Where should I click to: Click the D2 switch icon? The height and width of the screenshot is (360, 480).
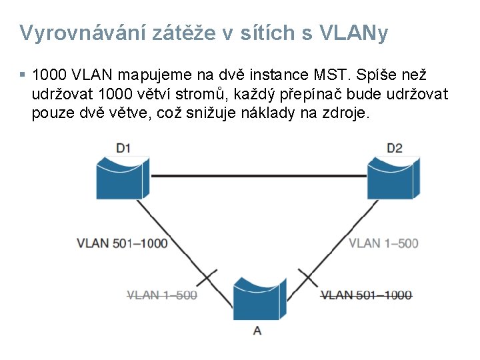394,176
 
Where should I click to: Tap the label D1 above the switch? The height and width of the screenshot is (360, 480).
123,147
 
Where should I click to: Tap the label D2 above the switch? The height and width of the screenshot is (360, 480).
394,147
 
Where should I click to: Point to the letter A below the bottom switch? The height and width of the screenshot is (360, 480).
257,331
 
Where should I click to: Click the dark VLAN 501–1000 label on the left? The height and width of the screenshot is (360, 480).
122,243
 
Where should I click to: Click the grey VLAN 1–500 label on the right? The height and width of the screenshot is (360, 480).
383,243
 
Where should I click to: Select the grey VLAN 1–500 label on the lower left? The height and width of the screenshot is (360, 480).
162,295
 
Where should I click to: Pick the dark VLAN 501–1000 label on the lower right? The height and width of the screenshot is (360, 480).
366,295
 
